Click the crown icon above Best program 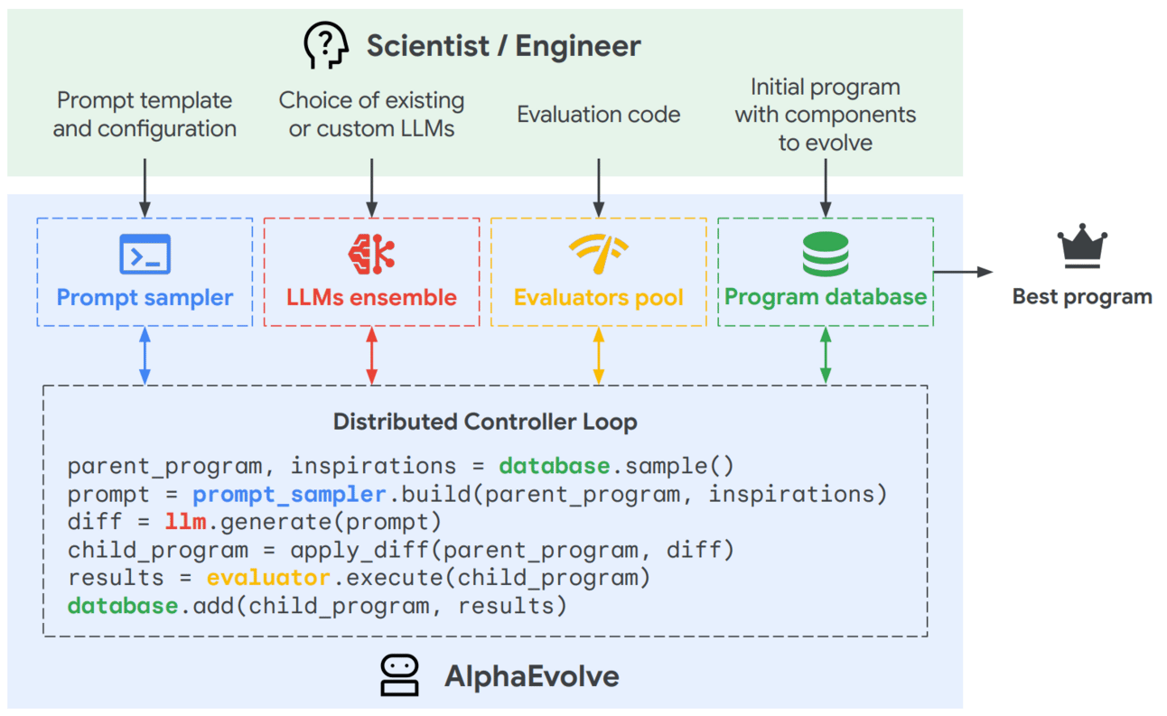click(x=1082, y=247)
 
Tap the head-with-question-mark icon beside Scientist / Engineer click(x=326, y=45)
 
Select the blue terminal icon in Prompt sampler click(x=145, y=254)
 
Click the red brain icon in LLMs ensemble click(x=371, y=254)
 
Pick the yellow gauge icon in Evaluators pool click(x=598, y=254)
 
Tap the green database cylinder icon click(x=826, y=254)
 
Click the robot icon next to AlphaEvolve click(x=398, y=675)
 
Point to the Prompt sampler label click(x=145, y=297)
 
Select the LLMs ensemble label click(x=371, y=297)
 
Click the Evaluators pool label click(x=598, y=297)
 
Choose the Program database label click(x=826, y=297)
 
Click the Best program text click(x=1082, y=296)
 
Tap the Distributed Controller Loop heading click(x=485, y=422)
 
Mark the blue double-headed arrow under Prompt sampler click(x=145, y=356)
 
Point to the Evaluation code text click(x=598, y=115)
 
